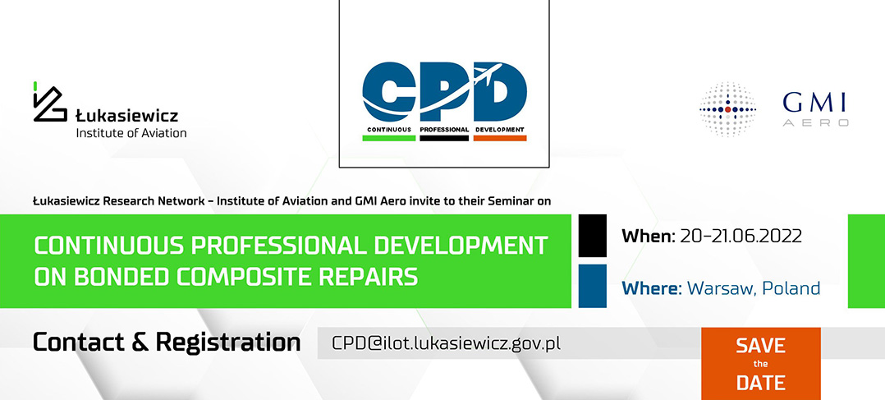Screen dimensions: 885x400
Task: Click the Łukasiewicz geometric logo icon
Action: [x=49, y=103]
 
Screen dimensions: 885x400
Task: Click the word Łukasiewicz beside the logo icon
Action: [x=127, y=116]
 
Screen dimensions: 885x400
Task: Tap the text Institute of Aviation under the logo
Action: [x=131, y=133]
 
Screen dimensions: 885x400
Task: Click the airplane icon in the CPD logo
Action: [x=487, y=74]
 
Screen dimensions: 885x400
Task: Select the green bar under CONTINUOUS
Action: [x=389, y=137]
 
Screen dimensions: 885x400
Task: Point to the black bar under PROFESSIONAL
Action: [x=444, y=137]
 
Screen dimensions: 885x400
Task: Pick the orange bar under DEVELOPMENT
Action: [x=499, y=137]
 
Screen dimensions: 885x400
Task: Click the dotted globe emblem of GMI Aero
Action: [x=727, y=109]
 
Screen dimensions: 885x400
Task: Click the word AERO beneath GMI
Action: [x=815, y=122]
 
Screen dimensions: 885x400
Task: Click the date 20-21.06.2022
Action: [x=741, y=236]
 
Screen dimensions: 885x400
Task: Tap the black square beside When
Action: [x=593, y=236]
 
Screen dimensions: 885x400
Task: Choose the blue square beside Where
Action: [x=593, y=286]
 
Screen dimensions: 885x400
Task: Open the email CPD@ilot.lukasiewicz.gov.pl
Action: [x=446, y=343]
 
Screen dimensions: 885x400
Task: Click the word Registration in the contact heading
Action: [x=228, y=343]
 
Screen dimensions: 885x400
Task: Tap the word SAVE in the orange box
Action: [x=760, y=345]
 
